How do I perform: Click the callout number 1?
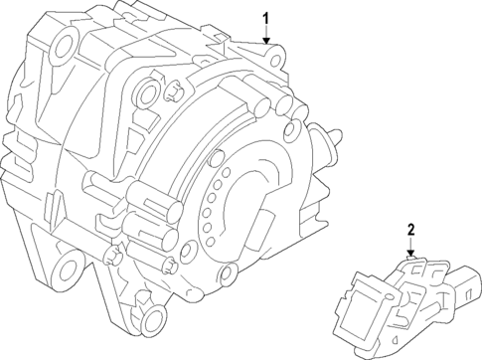265,17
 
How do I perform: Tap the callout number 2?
409,231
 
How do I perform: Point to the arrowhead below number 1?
265,40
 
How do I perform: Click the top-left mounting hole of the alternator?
66,43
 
